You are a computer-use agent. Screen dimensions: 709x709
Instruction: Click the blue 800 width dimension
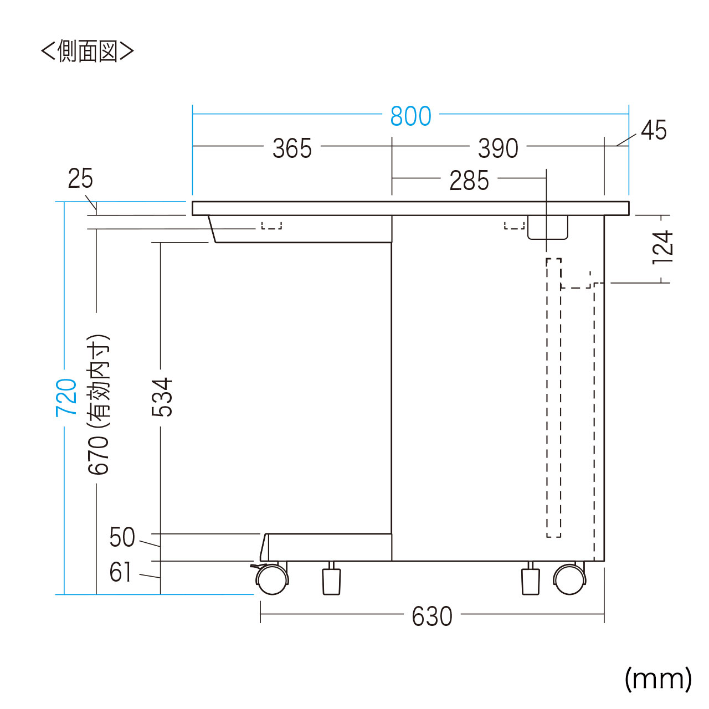click(410, 116)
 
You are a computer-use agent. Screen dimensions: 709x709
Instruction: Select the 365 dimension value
click(292, 148)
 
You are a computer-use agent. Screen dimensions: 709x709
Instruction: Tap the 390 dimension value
click(498, 148)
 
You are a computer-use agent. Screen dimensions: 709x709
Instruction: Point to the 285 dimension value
click(469, 180)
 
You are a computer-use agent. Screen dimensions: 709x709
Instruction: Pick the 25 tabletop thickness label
click(80, 178)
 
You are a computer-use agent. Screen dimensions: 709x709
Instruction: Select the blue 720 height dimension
click(66, 398)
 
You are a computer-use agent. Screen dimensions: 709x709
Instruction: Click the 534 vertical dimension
click(162, 397)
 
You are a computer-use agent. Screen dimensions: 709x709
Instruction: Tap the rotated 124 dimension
click(662, 247)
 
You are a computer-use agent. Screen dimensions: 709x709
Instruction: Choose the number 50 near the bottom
click(122, 537)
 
